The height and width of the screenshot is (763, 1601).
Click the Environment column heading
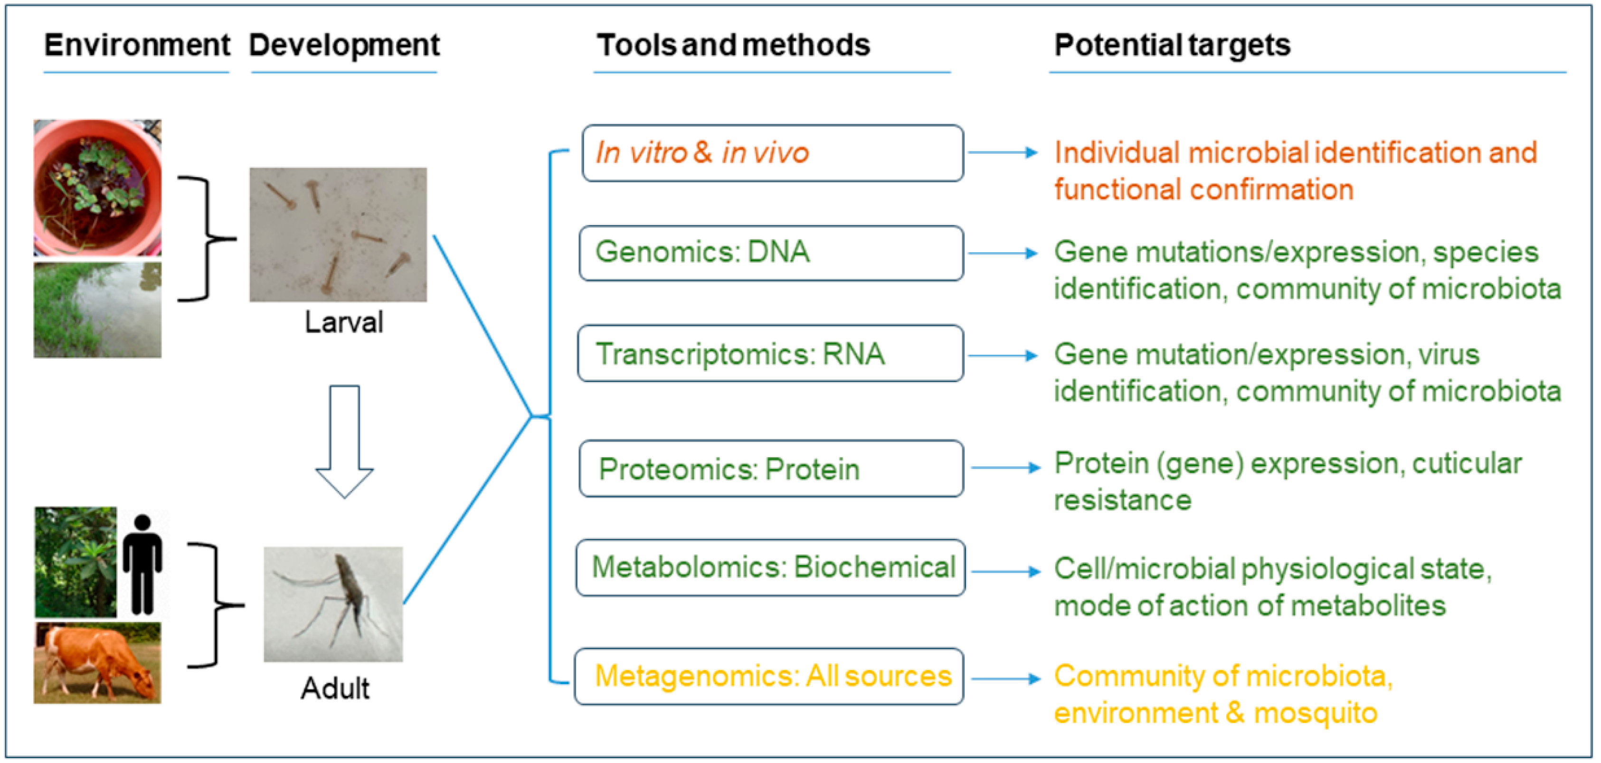pos(137,46)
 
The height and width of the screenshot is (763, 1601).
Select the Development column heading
pos(344,46)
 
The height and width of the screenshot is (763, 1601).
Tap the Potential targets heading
pos(1172,46)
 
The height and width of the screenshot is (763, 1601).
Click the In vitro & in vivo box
pos(773,153)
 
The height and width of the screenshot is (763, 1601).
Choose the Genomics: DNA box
pos(771,253)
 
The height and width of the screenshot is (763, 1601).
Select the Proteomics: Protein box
pos(771,469)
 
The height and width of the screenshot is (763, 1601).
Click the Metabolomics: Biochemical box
pos(771,567)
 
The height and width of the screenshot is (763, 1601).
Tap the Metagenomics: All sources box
pos(769,676)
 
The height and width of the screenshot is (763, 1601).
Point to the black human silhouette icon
pos(142,563)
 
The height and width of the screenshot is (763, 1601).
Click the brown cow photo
pos(97,662)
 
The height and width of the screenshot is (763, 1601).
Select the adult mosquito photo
pos(333,604)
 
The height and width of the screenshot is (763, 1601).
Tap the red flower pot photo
pos(97,188)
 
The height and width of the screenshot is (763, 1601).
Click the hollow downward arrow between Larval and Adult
pos(344,441)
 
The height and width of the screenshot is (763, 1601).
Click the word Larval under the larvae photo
pos(344,322)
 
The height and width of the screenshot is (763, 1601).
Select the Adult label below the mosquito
pos(335,688)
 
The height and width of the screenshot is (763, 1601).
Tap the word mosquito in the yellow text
pos(1315,713)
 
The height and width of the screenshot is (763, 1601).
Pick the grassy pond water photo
pos(97,310)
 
